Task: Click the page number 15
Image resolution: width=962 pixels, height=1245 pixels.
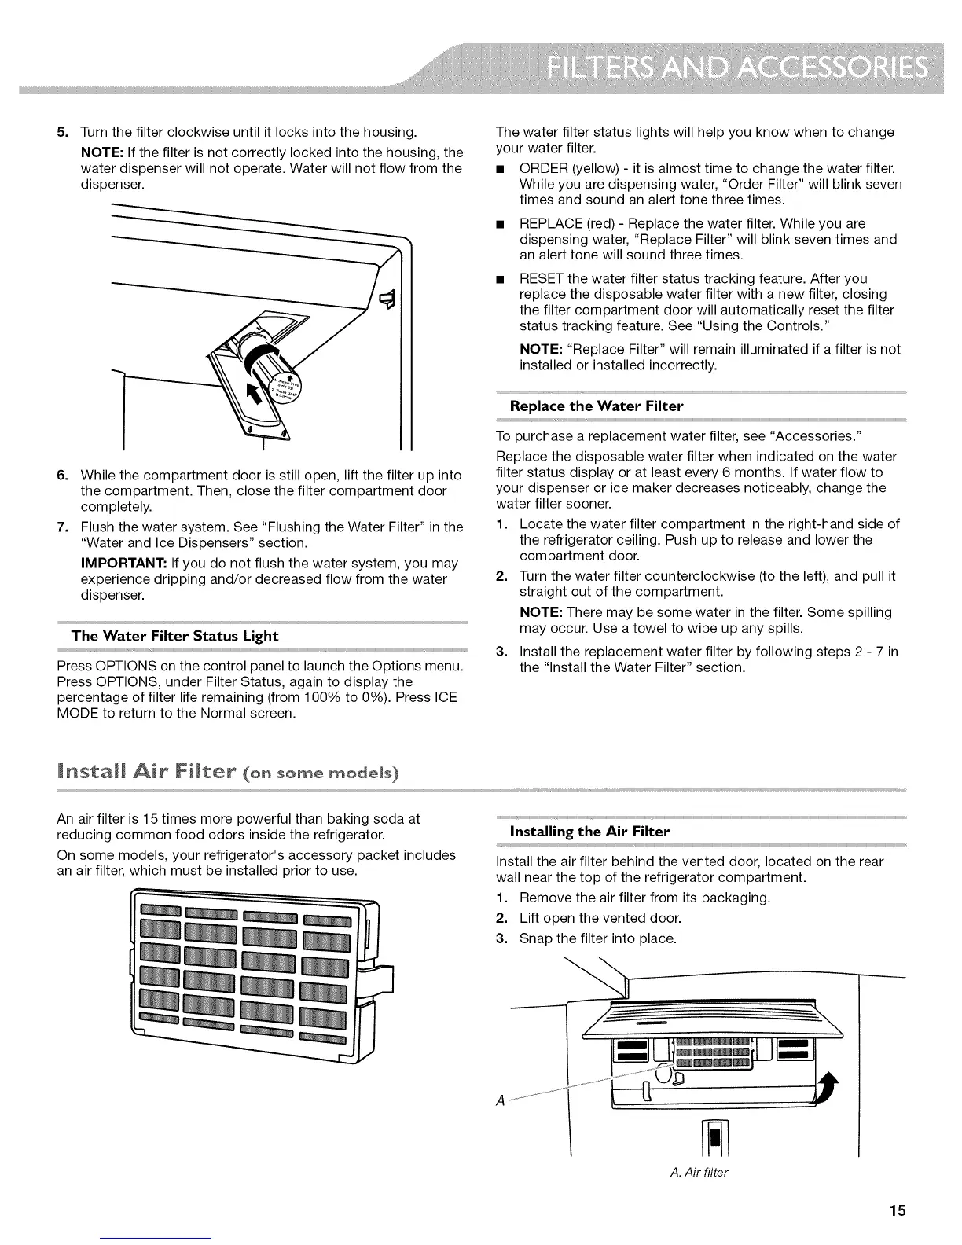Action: click(x=898, y=1210)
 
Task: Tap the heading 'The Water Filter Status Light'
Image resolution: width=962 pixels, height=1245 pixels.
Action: click(x=174, y=635)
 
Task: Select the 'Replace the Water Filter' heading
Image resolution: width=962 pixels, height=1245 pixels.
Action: click(x=597, y=406)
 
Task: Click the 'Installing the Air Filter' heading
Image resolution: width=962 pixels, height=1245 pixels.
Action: click(x=589, y=831)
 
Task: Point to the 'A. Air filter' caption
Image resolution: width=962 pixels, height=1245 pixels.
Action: click(x=699, y=1173)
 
